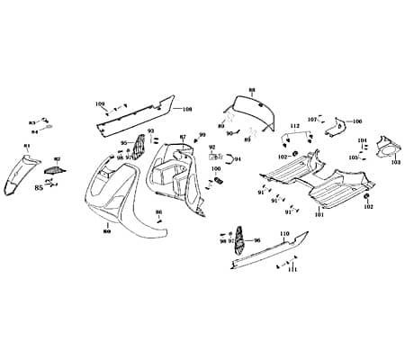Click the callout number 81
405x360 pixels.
point(26,147)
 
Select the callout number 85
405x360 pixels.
point(39,188)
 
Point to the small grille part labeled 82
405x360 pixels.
point(56,166)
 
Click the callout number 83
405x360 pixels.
point(31,121)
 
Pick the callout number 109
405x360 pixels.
point(100,104)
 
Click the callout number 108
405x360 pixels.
point(187,110)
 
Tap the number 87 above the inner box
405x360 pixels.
point(183,138)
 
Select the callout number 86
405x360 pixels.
point(158,212)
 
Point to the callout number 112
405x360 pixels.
point(294,125)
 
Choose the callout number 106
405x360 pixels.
point(356,121)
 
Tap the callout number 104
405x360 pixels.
point(362,140)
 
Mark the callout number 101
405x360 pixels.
point(319,216)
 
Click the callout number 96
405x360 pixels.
point(256,240)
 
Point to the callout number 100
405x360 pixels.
point(216,169)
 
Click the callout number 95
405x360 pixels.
point(124,143)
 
